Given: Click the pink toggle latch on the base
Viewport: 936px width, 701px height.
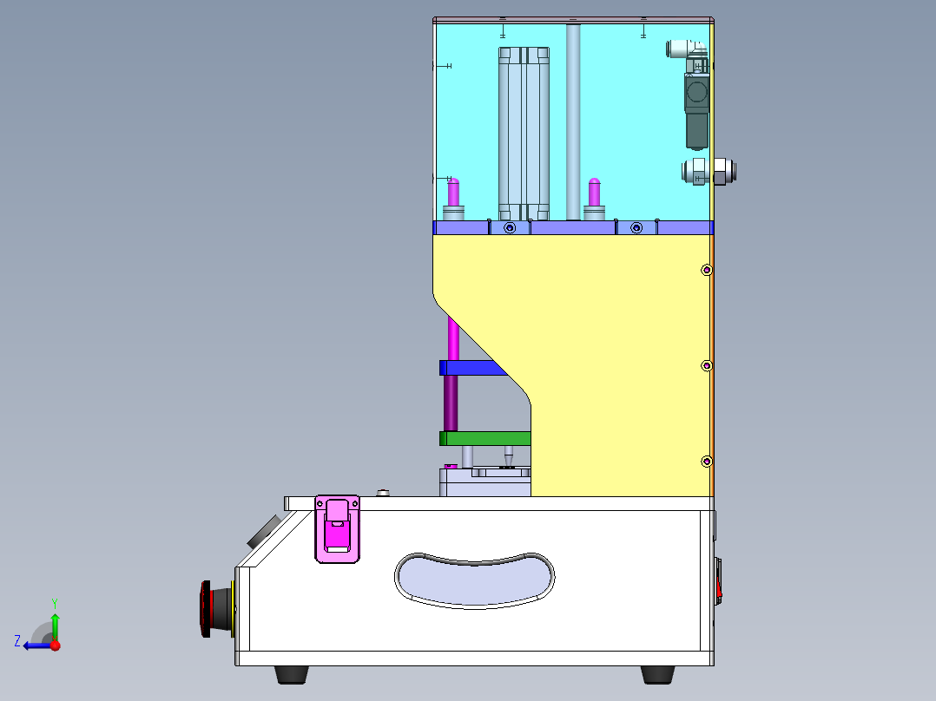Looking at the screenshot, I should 336,528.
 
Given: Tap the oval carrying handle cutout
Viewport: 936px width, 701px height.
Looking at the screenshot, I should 475,580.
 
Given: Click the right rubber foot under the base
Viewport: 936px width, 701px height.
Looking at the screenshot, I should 659,674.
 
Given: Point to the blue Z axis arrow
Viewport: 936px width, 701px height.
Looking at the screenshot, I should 35,645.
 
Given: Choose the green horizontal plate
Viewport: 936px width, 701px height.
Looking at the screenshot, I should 484,438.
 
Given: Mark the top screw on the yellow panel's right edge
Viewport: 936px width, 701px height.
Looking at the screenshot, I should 707,270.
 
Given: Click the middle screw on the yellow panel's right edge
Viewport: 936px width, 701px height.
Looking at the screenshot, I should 707,365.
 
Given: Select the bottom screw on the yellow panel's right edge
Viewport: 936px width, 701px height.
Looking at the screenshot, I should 707,460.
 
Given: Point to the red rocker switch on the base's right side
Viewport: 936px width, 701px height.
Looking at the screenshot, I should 719,581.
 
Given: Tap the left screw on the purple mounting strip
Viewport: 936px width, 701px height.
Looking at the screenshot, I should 510,228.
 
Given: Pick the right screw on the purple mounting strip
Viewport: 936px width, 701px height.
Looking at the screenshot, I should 636,228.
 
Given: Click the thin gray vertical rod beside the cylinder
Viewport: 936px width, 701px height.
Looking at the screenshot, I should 573,121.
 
